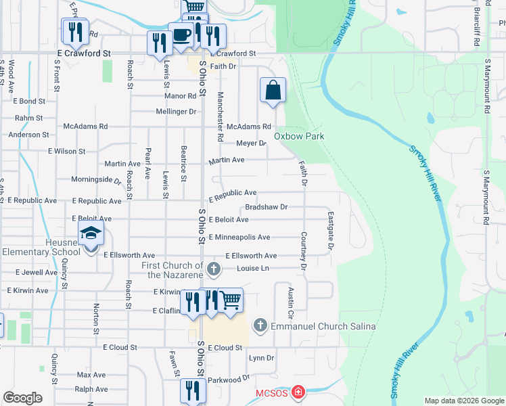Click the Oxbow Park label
click(298, 136)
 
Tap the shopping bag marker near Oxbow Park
click(273, 90)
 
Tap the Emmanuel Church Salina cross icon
click(260, 326)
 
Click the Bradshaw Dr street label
click(267, 206)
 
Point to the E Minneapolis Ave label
click(239, 238)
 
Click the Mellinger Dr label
click(176, 111)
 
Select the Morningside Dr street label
click(97, 180)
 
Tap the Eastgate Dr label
click(331, 231)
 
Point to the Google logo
click(22, 398)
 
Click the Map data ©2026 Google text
click(464, 401)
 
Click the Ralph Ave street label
click(91, 389)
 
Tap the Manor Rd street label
click(180, 96)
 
